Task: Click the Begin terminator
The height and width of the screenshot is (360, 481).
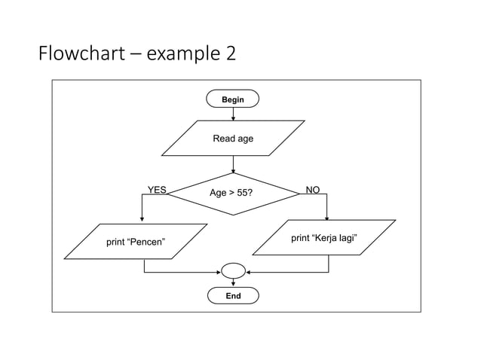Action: (233, 99)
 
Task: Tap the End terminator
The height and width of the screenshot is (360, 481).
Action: (233, 296)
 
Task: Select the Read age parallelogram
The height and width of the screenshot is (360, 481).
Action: (233, 139)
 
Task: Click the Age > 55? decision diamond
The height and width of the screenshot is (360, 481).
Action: (233, 194)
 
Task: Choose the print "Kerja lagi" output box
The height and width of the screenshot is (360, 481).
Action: (324, 238)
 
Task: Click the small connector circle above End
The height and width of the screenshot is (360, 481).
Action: (233, 270)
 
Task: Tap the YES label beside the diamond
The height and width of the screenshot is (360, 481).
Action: (156, 191)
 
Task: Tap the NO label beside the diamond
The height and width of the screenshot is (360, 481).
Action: (312, 191)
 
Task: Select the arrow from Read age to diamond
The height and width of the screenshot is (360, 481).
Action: (233, 164)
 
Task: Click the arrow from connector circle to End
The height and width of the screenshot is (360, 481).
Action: (233, 282)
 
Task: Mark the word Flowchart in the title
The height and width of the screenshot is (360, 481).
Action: (78, 54)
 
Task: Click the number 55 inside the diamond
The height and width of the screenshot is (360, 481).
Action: (240, 194)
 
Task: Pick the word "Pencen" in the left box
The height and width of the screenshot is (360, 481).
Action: (149, 242)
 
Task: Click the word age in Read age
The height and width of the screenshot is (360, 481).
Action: (245, 139)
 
